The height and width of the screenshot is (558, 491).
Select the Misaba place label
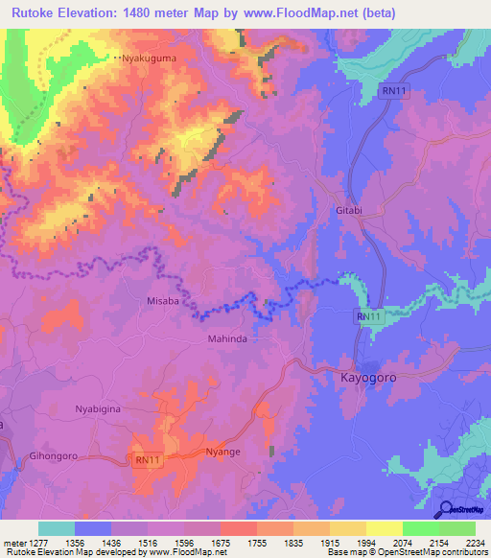(x=163, y=300)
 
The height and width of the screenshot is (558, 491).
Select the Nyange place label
(x=222, y=451)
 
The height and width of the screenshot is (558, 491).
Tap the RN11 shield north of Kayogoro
(x=369, y=316)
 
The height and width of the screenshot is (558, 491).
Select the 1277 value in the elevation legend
(x=36, y=542)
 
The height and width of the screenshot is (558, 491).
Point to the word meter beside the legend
(x=13, y=542)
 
